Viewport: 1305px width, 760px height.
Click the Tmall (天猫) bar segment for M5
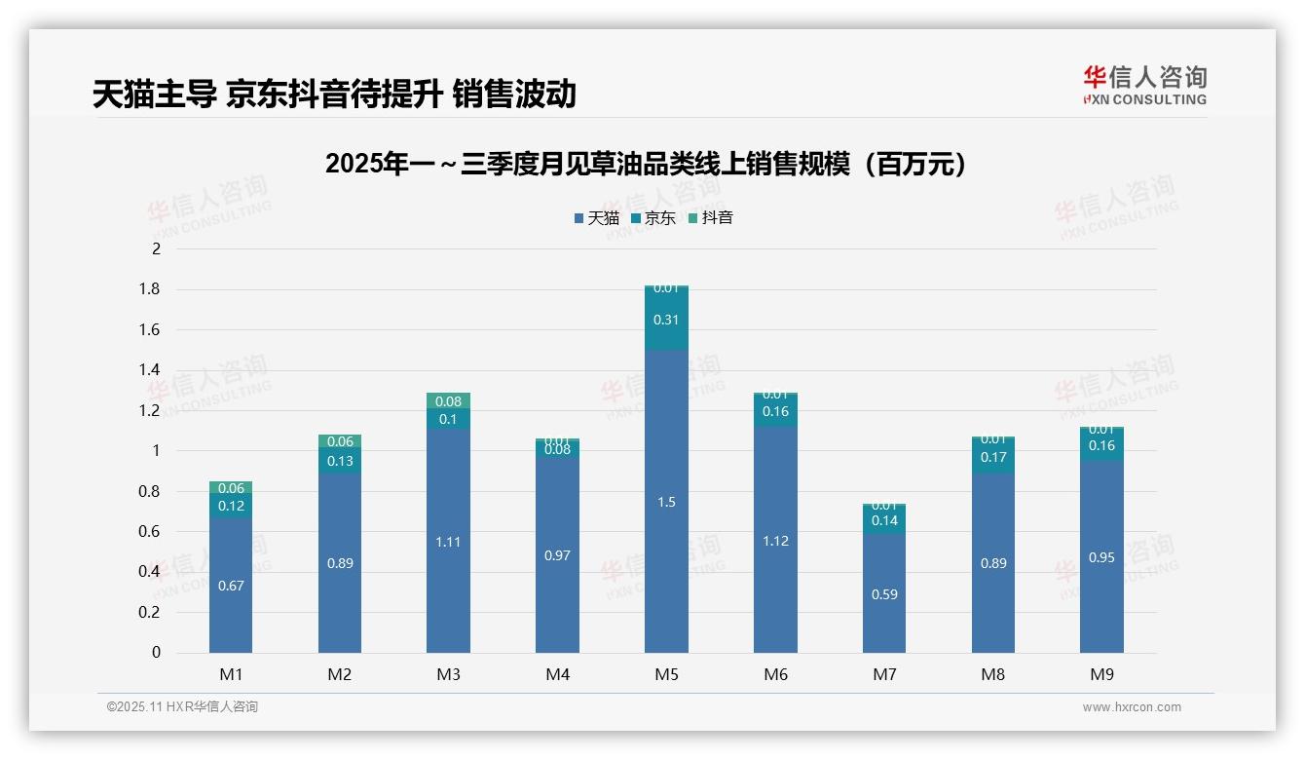[666, 502]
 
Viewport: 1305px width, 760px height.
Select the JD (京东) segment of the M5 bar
[666, 320]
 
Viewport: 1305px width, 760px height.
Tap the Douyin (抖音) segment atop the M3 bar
[448, 400]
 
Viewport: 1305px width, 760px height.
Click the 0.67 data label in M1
[231, 586]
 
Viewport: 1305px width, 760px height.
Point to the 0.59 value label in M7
[884, 594]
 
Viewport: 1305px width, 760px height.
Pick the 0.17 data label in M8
[993, 457]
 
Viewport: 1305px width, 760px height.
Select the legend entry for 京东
[653, 218]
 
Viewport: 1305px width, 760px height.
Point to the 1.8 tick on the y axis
[151, 289]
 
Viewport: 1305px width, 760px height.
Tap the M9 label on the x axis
[1101, 674]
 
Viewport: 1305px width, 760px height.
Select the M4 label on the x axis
[557, 674]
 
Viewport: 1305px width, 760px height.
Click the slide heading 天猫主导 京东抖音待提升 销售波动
[334, 94]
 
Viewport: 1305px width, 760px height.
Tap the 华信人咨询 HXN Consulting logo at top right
[1144, 85]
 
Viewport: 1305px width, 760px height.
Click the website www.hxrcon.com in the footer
[1132, 707]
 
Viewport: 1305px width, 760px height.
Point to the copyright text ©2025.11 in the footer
[182, 707]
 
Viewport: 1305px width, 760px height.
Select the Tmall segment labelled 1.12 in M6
[775, 541]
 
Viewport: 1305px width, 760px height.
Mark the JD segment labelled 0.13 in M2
[340, 461]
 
